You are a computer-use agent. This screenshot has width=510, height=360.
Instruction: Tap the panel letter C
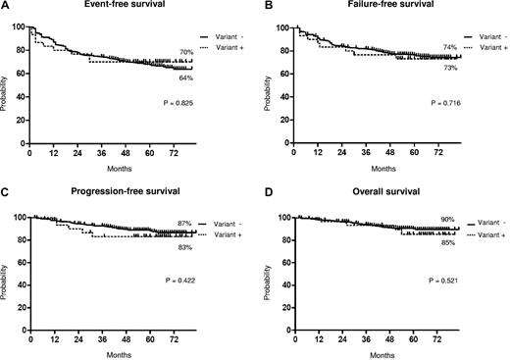click(6, 195)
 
